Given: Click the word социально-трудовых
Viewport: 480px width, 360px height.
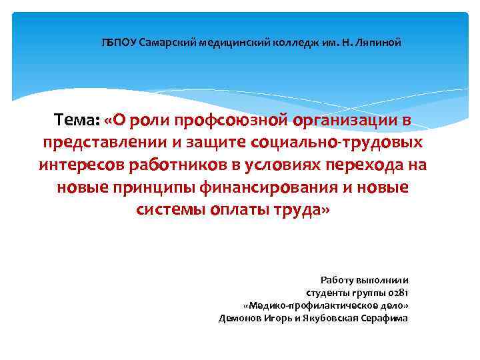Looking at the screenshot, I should click(335, 142).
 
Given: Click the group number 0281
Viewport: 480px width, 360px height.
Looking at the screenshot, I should click(399, 293).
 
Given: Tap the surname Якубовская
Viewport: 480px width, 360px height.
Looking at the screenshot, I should click(329, 318).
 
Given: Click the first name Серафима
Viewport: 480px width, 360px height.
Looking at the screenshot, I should click(385, 318).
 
